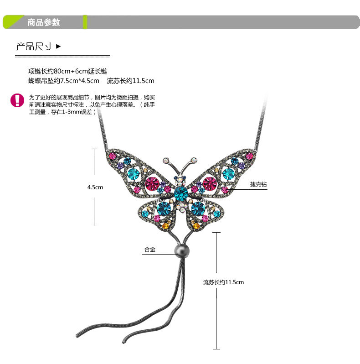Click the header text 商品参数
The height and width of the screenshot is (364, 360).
coord(44,22)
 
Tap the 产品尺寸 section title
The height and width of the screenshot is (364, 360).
coord(34,46)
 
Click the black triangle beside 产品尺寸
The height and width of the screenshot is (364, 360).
coord(58,46)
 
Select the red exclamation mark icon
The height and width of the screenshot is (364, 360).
coord(17,100)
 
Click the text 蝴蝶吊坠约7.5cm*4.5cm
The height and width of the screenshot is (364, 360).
coord(64,81)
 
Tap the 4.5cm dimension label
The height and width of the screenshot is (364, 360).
coord(95,187)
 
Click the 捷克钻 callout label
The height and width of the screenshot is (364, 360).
coord(258,185)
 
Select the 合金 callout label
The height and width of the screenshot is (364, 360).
coord(150,250)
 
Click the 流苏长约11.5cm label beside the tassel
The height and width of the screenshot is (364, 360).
coord(223,282)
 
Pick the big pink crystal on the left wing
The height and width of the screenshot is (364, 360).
coord(152,183)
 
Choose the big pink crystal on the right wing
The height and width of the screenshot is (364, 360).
coord(210,183)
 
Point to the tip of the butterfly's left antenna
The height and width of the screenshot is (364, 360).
coord(165,160)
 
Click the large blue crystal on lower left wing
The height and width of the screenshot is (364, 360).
coord(164,208)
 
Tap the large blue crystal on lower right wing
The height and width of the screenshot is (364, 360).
coord(197,208)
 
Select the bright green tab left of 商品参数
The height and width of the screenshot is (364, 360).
coord(14,21)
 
